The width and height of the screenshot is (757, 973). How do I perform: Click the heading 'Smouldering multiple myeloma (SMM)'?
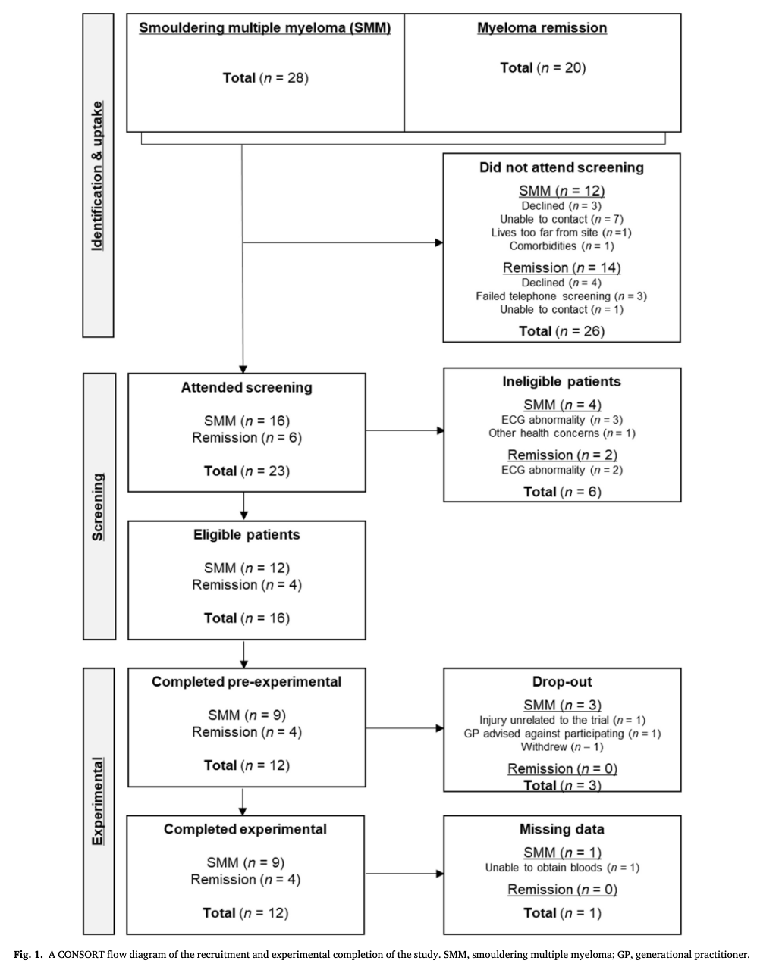click(x=265, y=28)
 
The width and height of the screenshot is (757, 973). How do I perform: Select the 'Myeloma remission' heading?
click(x=542, y=28)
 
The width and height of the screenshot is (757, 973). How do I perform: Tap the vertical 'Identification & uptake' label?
click(x=97, y=176)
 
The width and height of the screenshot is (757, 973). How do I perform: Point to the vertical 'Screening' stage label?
click(x=98, y=507)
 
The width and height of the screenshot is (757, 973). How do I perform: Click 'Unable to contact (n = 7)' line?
click(x=561, y=220)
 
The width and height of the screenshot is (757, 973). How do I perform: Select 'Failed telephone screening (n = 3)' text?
click(x=561, y=296)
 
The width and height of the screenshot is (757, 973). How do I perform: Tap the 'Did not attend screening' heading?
click(x=561, y=167)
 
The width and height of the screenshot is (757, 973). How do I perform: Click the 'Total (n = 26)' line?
click(x=561, y=331)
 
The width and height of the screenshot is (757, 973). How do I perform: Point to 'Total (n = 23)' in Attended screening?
click(x=247, y=471)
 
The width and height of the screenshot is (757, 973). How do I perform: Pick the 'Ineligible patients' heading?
click(x=561, y=381)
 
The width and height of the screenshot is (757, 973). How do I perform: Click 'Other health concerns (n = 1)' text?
click(x=561, y=433)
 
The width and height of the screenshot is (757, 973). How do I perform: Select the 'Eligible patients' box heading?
click(x=247, y=535)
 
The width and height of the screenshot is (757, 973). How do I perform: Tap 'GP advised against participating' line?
click(x=562, y=734)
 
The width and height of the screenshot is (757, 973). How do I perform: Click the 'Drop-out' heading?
click(x=562, y=681)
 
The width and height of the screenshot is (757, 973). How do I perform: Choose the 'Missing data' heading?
click(x=561, y=829)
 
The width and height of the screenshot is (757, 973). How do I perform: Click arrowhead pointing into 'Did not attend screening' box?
click(x=439, y=242)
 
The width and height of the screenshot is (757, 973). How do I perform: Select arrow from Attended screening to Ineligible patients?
click(x=405, y=430)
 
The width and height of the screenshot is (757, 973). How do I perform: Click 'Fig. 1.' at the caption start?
click(x=28, y=955)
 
